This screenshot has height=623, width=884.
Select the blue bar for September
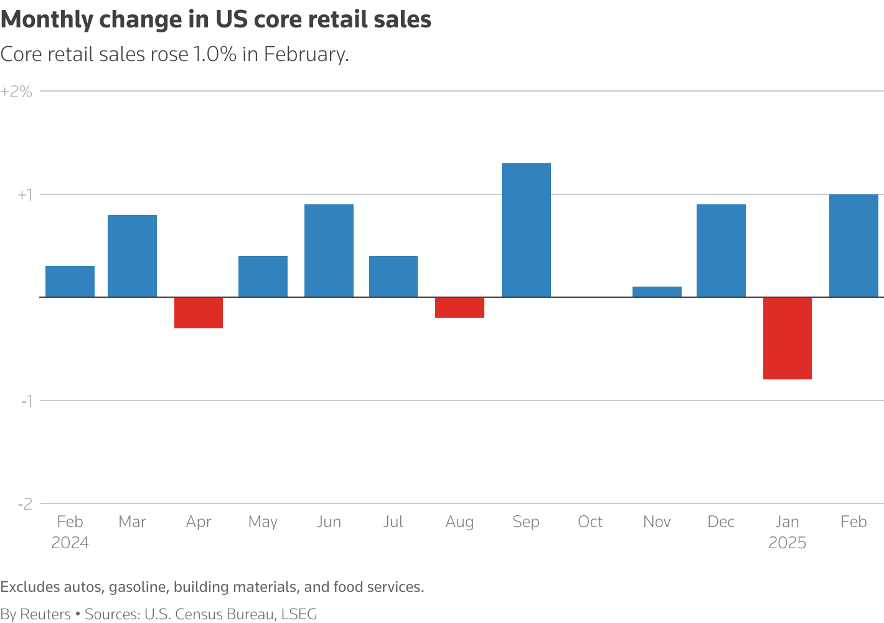tap(526, 230)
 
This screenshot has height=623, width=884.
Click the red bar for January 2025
tap(787, 338)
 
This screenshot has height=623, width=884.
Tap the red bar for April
tap(199, 313)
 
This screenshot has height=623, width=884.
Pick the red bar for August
tap(459, 308)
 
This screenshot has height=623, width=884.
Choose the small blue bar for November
tap(657, 292)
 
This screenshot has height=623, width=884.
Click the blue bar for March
tap(132, 256)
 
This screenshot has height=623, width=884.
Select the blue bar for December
tap(721, 250)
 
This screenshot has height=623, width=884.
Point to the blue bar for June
tap(329, 250)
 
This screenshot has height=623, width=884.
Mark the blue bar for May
tap(263, 277)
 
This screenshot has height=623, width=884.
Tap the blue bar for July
tap(393, 277)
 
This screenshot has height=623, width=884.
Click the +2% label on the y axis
tap(16, 92)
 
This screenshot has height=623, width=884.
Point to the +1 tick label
tap(24, 195)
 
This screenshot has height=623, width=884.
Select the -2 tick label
tap(25, 504)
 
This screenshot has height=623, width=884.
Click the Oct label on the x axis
tap(590, 521)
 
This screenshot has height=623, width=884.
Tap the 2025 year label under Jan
tap(787, 543)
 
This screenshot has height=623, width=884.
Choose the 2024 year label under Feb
tap(70, 543)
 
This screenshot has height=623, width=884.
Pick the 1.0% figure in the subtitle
tap(215, 54)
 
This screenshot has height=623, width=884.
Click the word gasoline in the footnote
tap(138, 587)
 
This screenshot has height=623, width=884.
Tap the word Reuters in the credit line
tap(45, 614)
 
